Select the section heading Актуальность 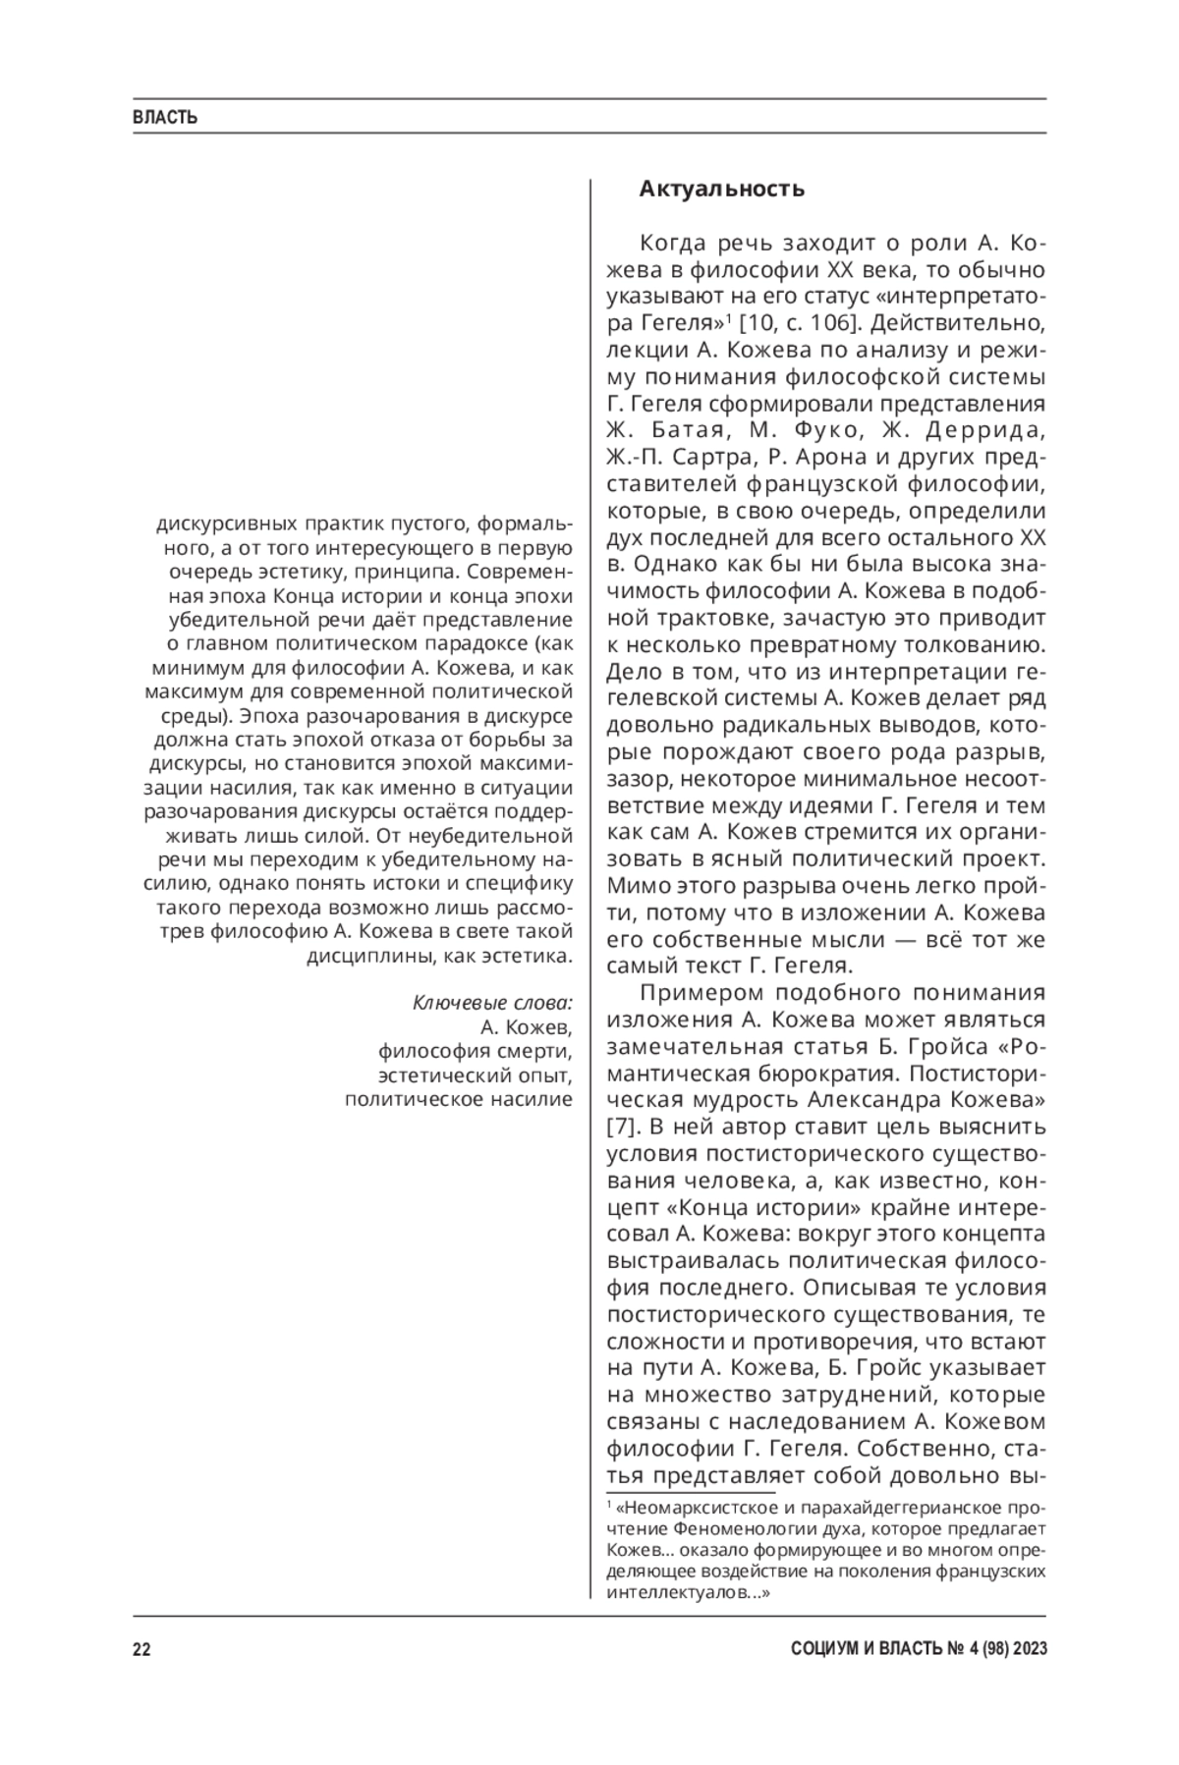(x=721, y=189)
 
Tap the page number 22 (x=141, y=1650)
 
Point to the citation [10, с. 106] (x=794, y=322)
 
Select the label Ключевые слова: (x=492, y=1003)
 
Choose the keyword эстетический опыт (x=476, y=1075)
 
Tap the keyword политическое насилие (x=458, y=1099)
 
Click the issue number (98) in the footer (x=985, y=1650)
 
